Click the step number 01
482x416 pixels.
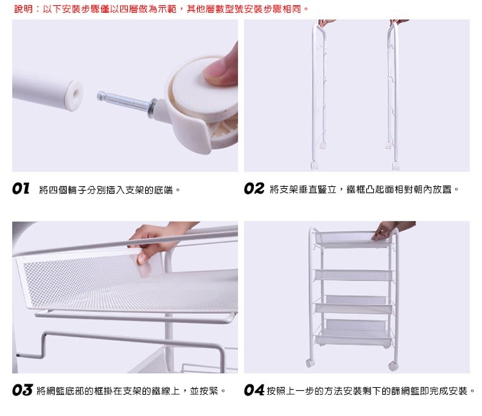[x=21, y=189]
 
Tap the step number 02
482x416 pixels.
[x=254, y=189]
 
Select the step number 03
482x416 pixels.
[x=22, y=390]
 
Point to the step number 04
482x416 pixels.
[x=254, y=390]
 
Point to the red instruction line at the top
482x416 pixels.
[x=161, y=8]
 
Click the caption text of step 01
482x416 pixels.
[x=109, y=190]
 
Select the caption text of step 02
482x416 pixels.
[x=364, y=189]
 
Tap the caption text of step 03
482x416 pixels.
[x=131, y=391]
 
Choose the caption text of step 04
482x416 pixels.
[x=371, y=391]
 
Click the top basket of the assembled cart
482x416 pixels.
[x=353, y=239]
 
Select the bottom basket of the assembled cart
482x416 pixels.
[x=353, y=333]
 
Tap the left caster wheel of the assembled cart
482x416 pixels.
[x=310, y=363]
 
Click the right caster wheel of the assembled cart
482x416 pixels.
[x=393, y=365]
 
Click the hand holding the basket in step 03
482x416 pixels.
[x=154, y=243]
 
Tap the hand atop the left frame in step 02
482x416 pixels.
[x=326, y=22]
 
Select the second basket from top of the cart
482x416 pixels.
[x=353, y=275]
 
